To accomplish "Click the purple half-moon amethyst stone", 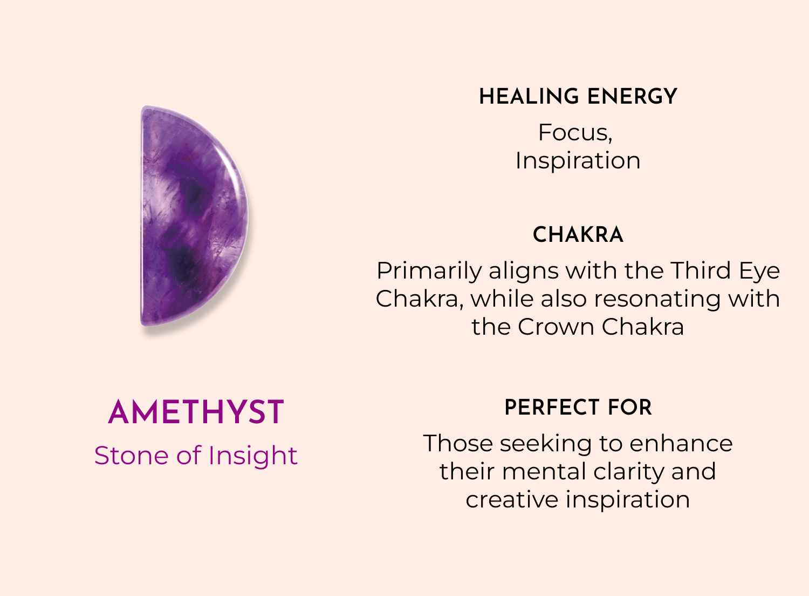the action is (194, 216).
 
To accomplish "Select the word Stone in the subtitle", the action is (132, 456).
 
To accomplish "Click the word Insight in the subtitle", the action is (253, 457).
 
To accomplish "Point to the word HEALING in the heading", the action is (529, 97).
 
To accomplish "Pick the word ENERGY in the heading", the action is (632, 97).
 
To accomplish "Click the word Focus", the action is (575, 133).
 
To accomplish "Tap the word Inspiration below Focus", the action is (578, 161).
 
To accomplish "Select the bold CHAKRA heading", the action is (578, 235).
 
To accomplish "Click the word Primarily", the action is (429, 272).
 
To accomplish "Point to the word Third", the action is (701, 270).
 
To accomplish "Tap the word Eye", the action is (759, 272).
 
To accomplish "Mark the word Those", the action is (458, 443).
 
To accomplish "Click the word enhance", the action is (681, 444).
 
